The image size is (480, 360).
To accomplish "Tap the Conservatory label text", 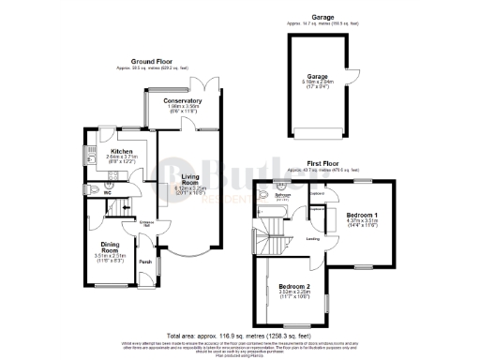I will click(182, 100).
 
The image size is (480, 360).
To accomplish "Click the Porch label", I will click(145, 262).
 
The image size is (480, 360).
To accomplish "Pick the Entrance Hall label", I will click(145, 224).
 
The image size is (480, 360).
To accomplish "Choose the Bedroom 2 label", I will click(294, 285).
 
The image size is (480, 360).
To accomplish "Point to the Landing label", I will click(313, 238).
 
